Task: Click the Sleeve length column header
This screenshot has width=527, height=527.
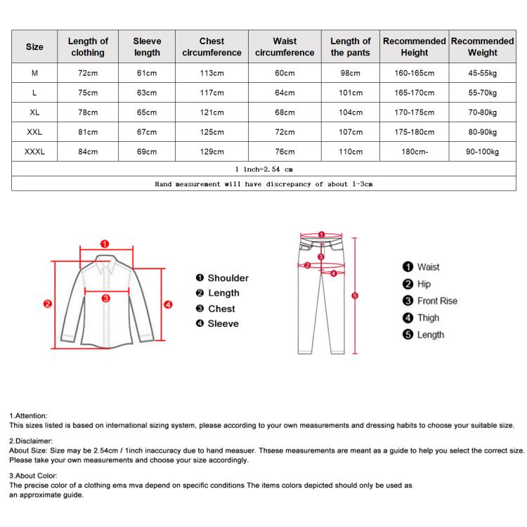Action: tap(147, 47)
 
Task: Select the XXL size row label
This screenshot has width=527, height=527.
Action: tap(34, 131)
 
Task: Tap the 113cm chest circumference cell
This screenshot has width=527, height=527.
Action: tap(212, 73)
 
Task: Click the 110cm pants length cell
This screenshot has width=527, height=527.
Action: tap(350, 151)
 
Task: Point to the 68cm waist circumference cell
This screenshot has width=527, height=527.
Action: tap(285, 112)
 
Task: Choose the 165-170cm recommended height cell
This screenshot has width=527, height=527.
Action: tap(415, 93)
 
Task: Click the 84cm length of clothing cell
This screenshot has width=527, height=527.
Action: tap(88, 151)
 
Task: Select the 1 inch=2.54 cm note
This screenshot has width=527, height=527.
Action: tap(263, 169)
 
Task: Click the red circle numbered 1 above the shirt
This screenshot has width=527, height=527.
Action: tap(105, 244)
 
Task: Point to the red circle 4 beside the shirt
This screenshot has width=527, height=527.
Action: tap(168, 304)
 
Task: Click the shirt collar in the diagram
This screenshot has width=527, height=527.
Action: tap(106, 266)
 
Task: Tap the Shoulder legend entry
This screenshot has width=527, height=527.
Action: tap(223, 278)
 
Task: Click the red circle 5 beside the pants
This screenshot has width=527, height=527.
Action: tap(355, 296)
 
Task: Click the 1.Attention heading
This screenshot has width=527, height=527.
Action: tap(29, 416)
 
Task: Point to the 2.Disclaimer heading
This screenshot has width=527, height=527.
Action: tap(32, 441)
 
